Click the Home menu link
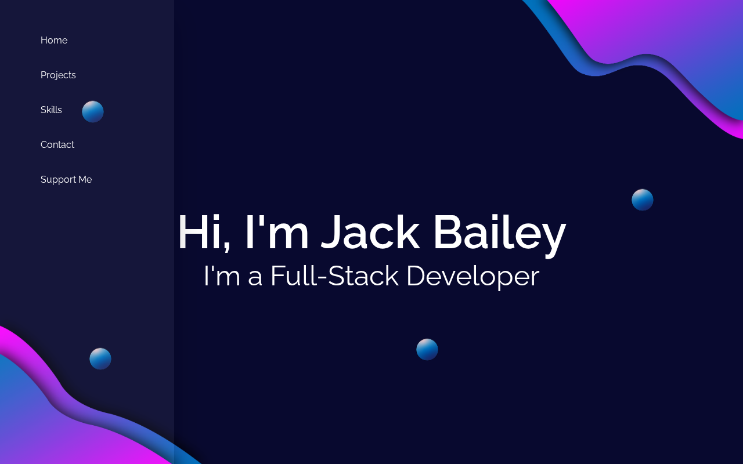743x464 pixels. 54,40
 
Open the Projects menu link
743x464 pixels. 58,75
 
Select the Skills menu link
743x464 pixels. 51,110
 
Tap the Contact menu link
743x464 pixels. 57,144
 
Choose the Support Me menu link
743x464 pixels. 66,180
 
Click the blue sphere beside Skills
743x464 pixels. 93,112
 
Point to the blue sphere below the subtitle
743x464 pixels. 427,349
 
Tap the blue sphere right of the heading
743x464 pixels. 643,200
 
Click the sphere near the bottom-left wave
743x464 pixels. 100,358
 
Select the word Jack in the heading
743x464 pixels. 370,232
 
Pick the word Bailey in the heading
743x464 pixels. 500,235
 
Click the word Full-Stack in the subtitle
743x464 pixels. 335,275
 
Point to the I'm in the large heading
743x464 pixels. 277,232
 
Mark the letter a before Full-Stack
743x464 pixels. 255,278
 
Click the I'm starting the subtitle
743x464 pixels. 222,275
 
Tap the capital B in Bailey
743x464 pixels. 448,232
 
